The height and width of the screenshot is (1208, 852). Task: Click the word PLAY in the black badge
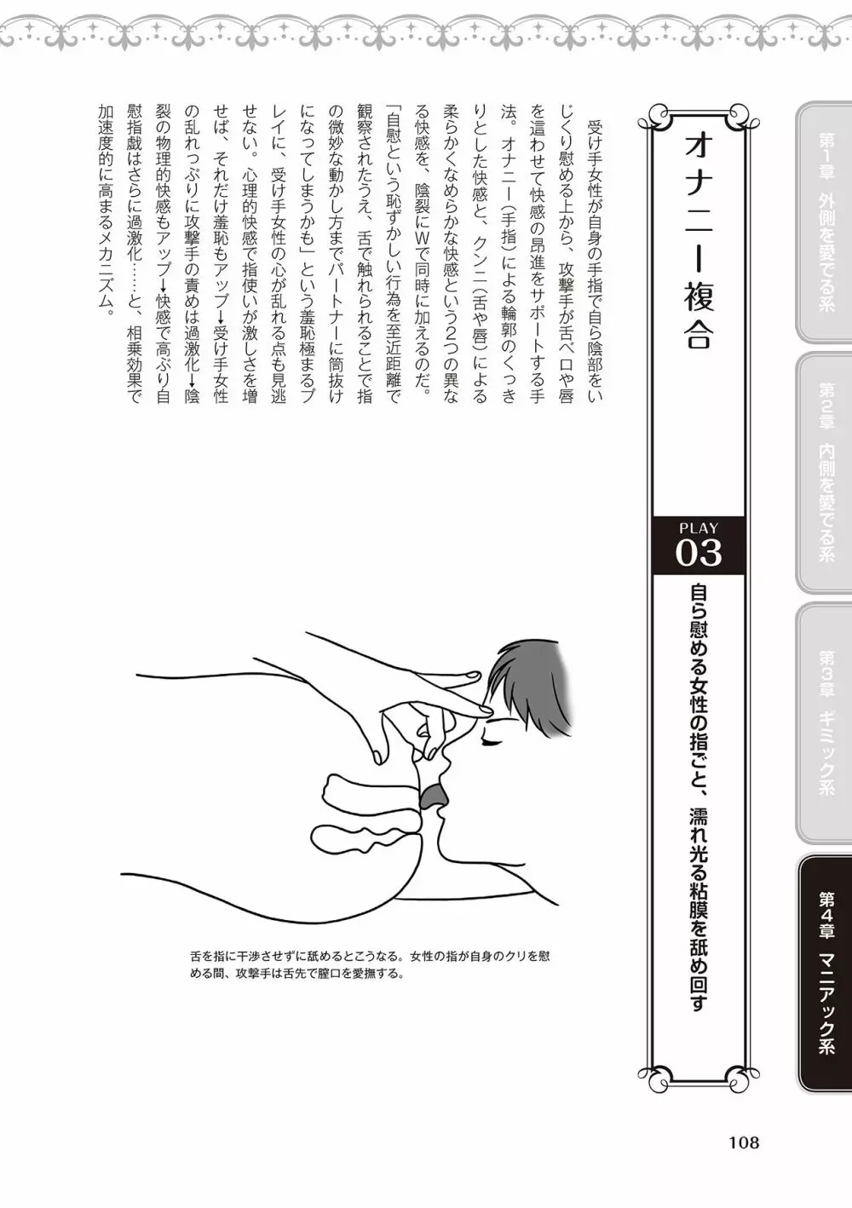[x=699, y=528]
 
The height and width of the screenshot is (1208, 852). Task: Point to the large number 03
[x=699, y=553]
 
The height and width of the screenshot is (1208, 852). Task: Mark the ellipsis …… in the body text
[x=133, y=268]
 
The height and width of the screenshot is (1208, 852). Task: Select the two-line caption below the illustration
[x=370, y=969]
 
